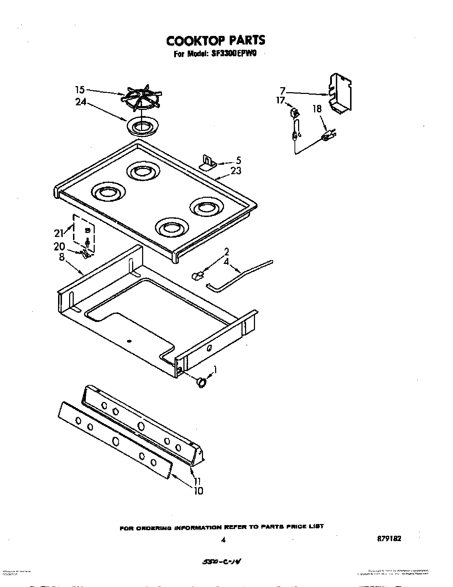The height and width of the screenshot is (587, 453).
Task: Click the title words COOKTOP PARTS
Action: pyautogui.click(x=216, y=41)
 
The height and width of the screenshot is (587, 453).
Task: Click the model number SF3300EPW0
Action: pyautogui.click(x=233, y=54)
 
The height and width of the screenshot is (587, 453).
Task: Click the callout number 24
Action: pyautogui.click(x=81, y=102)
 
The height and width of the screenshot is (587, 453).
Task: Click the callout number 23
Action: pyautogui.click(x=235, y=171)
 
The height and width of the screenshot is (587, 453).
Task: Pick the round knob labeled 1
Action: pyautogui.click(x=202, y=382)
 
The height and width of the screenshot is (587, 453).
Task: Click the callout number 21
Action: pyautogui.click(x=59, y=233)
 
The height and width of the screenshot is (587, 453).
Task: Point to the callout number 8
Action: pyautogui.click(x=62, y=257)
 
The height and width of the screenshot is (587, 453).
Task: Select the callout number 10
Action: pyautogui.click(x=198, y=491)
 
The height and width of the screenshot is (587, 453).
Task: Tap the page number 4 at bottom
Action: pyautogui.click(x=223, y=540)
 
